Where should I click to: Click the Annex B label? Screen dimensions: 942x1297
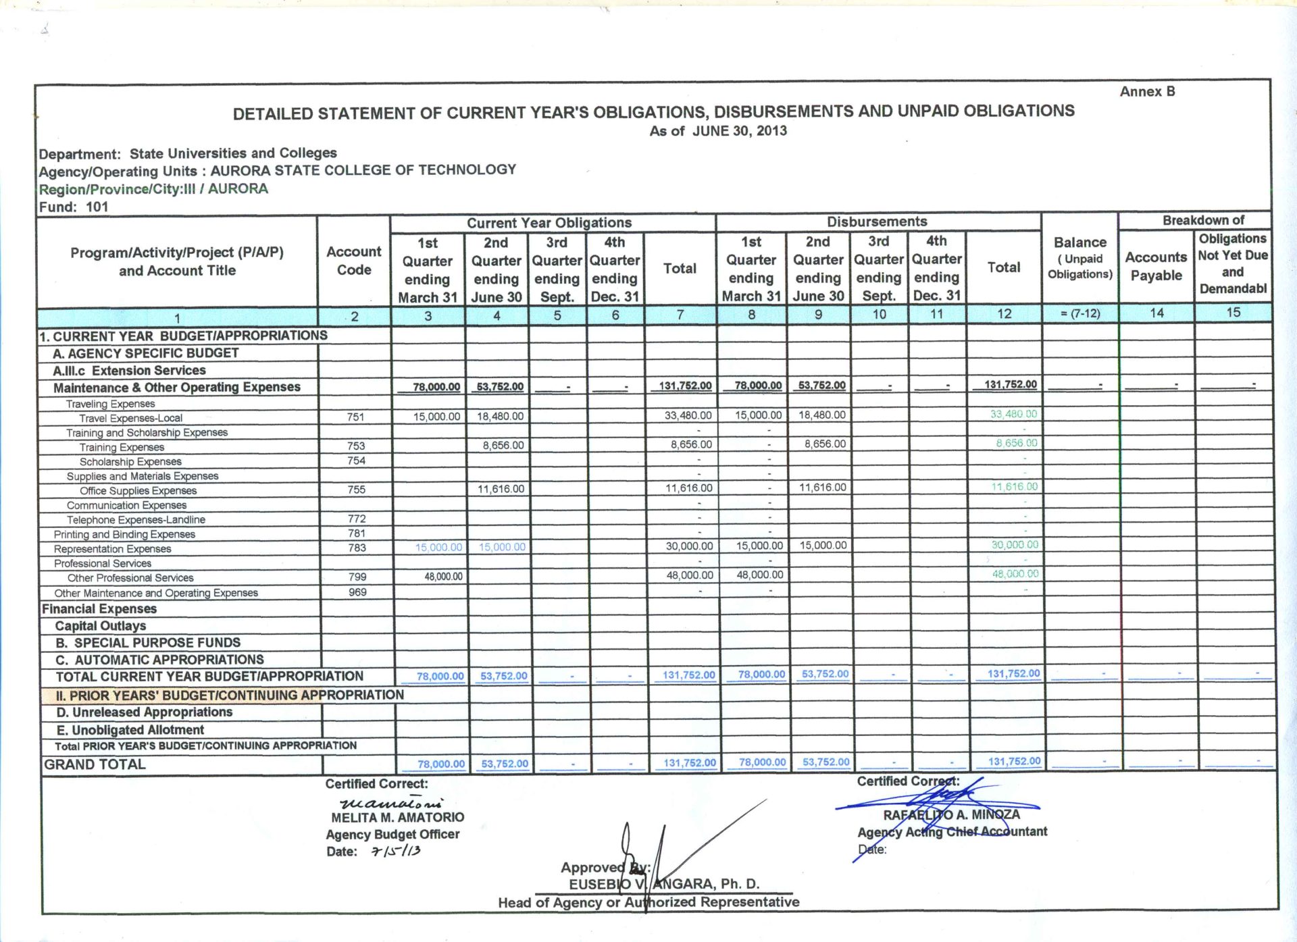1147,91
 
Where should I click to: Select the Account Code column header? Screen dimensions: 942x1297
353,261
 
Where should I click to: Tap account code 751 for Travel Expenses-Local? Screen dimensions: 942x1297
355,417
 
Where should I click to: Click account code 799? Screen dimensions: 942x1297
357,577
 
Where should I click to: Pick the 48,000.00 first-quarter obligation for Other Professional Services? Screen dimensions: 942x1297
443,576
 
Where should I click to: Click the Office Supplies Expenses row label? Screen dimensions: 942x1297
138,491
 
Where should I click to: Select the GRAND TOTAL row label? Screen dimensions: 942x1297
95,764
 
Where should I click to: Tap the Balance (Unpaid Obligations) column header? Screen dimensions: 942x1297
1079,258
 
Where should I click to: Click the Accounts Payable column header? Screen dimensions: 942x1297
1156,266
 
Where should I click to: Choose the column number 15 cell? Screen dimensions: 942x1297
1233,312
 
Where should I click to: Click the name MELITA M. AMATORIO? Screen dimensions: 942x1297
397,817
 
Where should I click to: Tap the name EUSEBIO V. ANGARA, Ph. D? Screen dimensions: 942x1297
663,884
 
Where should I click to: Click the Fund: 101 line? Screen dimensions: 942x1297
74,207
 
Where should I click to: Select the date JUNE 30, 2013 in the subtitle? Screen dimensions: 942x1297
739,130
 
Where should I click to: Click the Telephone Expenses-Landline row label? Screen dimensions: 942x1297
136,520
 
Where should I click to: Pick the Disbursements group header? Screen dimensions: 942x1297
877,221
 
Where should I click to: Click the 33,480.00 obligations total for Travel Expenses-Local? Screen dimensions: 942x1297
688,415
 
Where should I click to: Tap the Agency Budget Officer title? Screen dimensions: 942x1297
392,834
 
